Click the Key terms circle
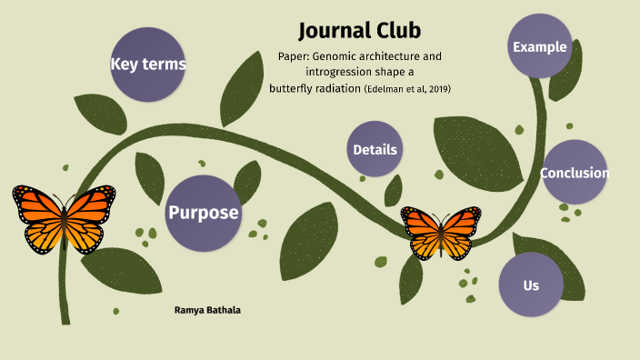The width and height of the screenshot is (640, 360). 148,64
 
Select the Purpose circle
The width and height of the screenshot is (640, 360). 203,213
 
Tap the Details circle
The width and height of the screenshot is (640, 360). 375,149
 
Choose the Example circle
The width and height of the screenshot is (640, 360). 540,47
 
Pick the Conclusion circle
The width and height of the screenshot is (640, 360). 575,173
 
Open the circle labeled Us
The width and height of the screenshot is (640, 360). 531,285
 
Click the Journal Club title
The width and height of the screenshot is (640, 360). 359,30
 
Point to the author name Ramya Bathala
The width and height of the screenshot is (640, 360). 207,310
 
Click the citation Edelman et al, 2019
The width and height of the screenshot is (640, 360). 407,89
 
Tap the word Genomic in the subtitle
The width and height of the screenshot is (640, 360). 335,56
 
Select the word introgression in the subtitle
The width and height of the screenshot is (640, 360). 343,72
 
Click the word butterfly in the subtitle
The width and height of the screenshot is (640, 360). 293,88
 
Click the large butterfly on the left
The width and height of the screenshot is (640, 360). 64,217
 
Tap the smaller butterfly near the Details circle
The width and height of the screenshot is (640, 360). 441,231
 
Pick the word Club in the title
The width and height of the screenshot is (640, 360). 393,30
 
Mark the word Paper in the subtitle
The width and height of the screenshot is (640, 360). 294,56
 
